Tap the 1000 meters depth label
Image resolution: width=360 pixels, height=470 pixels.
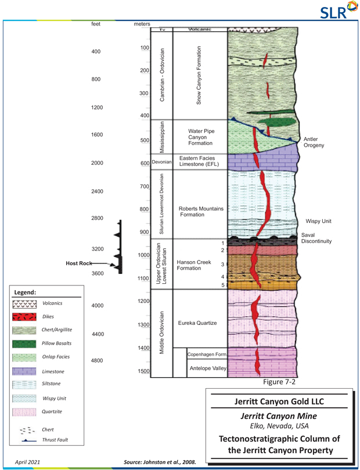[144, 255]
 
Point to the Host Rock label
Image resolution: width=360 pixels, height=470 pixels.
[79, 263]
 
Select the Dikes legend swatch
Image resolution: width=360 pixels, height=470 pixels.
[24, 317]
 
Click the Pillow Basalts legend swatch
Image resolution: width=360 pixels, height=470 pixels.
[24, 344]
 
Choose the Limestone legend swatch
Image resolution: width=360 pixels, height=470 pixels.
[24, 371]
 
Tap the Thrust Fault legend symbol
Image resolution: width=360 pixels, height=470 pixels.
[24, 440]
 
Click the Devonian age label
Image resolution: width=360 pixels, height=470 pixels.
[162, 162]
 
